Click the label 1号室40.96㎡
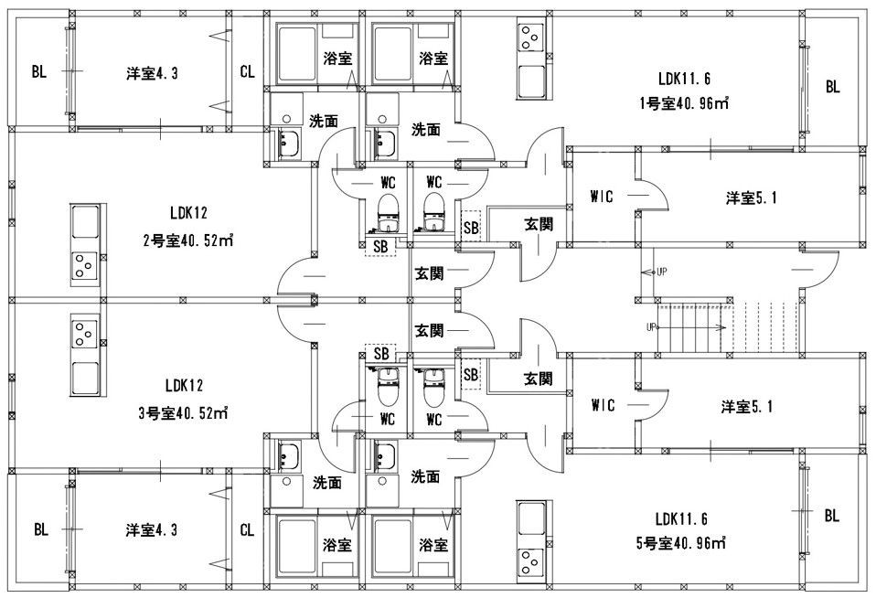(683, 103)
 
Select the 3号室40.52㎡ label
(183, 412)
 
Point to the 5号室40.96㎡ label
(680, 543)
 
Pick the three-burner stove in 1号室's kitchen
(529, 37)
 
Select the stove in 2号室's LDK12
(85, 263)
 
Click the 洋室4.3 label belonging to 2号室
(152, 72)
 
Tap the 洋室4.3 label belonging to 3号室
(152, 529)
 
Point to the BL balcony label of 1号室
(831, 88)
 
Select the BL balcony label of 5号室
(831, 516)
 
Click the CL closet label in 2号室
(247, 72)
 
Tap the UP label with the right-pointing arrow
(652, 326)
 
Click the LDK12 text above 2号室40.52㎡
(188, 214)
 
